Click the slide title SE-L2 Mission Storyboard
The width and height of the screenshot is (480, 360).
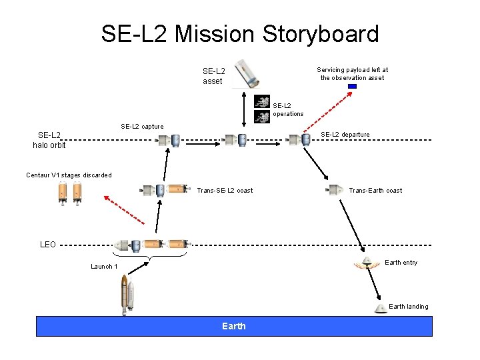tap(240, 33)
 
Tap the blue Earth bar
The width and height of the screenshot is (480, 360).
tap(233, 326)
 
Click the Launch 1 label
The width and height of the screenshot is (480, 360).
tap(105, 267)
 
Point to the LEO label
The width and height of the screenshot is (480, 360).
tap(48, 245)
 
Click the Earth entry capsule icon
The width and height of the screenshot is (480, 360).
tap(367, 263)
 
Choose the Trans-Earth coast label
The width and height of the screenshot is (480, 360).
tap(375, 191)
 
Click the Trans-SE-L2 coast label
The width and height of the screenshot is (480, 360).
tap(225, 191)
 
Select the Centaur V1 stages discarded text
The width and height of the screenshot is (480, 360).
tap(69, 175)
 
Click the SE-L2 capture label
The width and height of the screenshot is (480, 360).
tap(142, 127)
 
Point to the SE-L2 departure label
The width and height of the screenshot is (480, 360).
tap(345, 135)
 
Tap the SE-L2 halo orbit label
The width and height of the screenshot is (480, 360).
tap(52, 140)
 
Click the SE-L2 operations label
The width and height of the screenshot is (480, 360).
tap(288, 109)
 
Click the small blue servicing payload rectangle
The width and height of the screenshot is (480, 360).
tap(352, 86)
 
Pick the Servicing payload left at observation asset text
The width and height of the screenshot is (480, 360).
tap(352, 73)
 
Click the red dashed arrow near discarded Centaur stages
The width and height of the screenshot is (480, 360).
tap(124, 209)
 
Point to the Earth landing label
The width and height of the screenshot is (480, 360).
tap(408, 307)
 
